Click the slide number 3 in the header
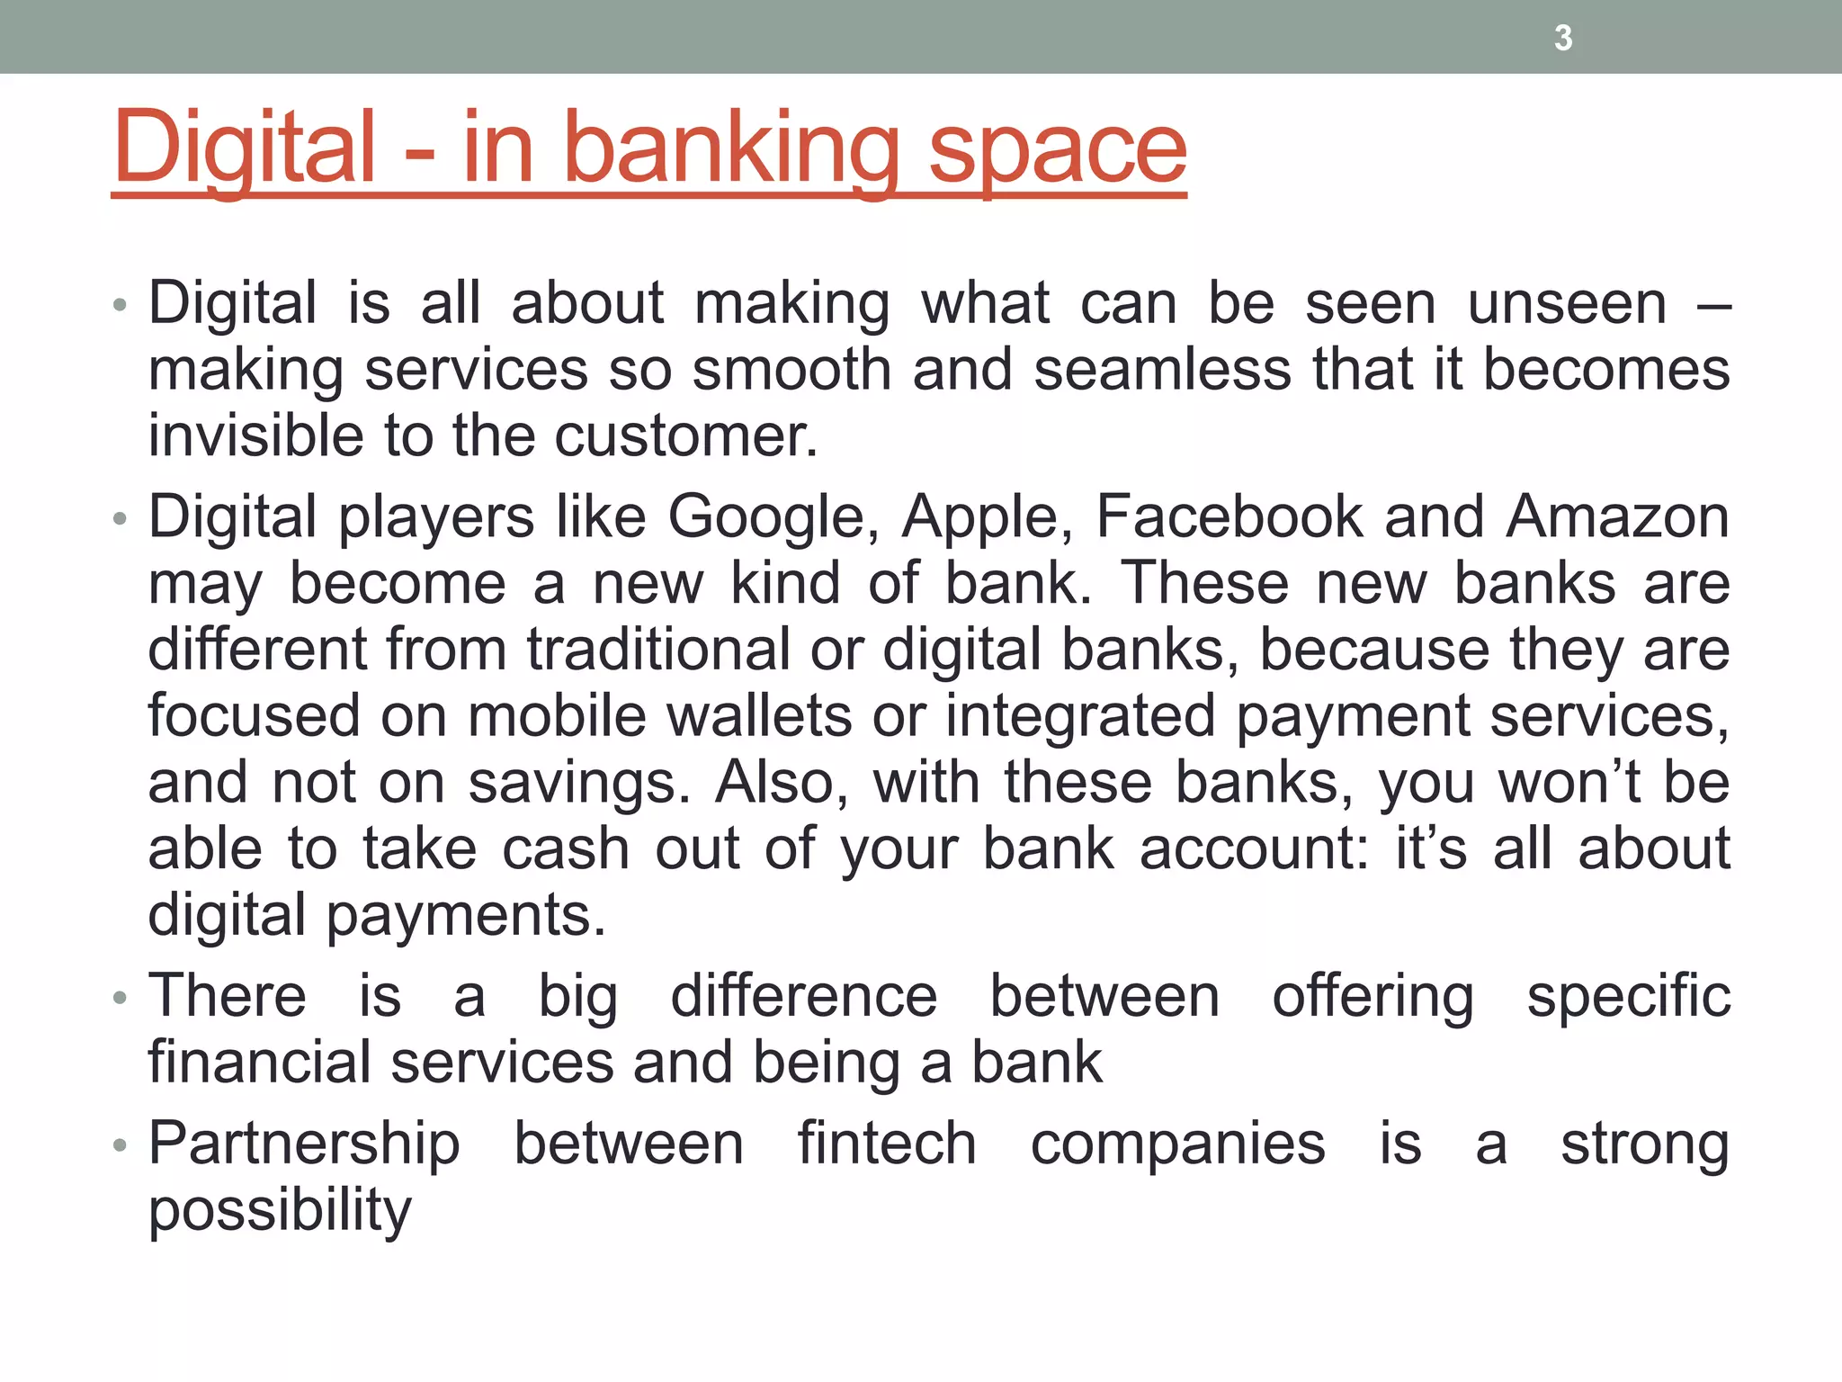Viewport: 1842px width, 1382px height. [x=1563, y=39]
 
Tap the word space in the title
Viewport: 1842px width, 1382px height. [x=1058, y=149]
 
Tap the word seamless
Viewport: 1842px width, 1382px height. [x=1162, y=370]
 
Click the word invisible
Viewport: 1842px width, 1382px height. [x=255, y=435]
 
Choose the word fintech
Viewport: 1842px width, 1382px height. [x=887, y=1144]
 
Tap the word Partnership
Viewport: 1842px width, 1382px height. [x=304, y=1145]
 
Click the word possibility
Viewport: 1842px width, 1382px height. [x=280, y=1211]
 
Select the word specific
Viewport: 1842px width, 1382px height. [x=1628, y=997]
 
